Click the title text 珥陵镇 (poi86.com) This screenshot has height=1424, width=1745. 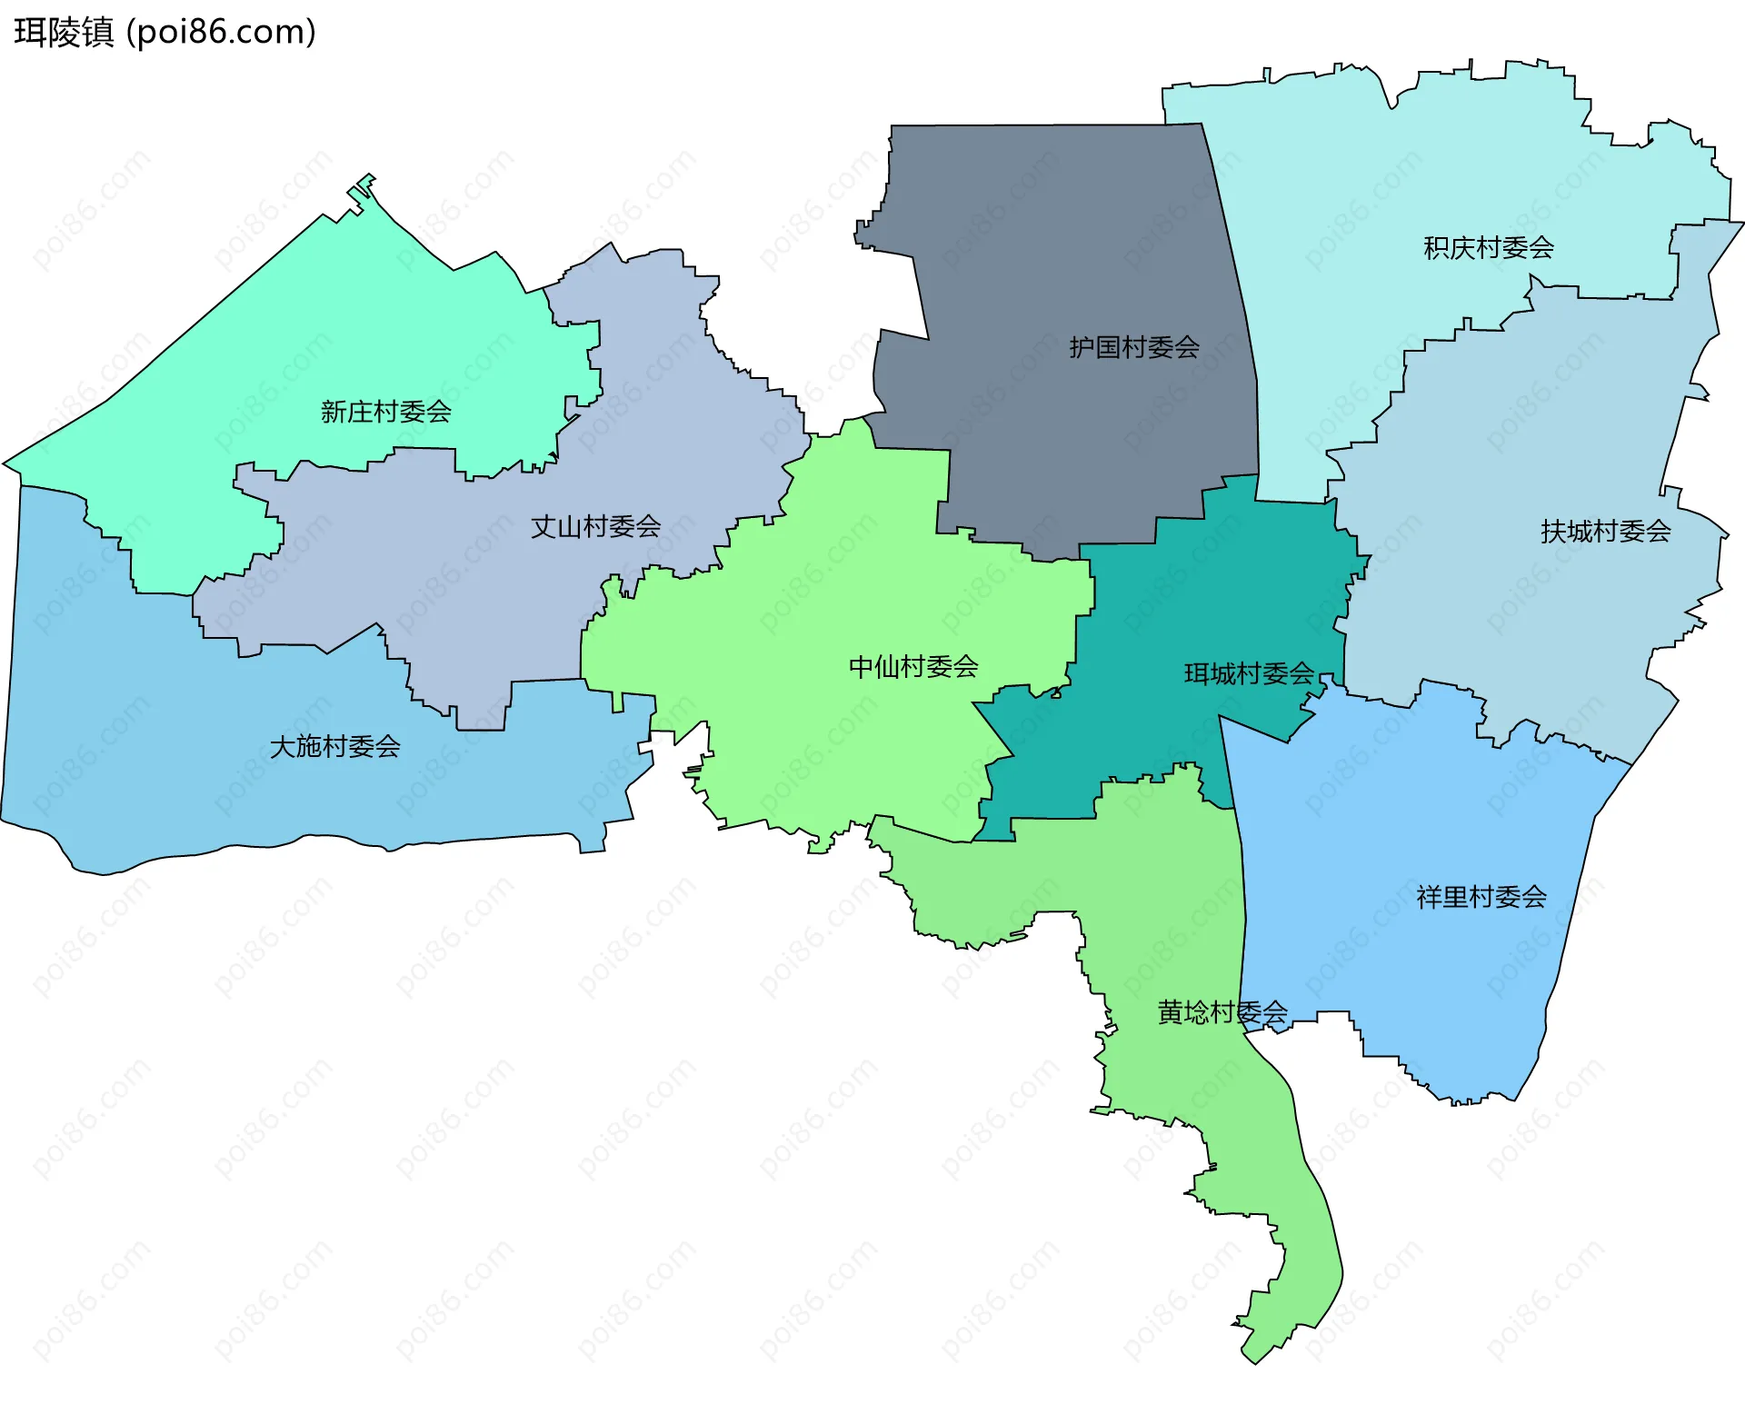coord(165,33)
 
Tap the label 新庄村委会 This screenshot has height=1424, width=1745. coord(385,412)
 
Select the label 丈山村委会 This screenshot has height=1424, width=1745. coord(595,526)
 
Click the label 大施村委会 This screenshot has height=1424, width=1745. coord(334,747)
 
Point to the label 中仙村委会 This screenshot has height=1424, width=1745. coord(912,667)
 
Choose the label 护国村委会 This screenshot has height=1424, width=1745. coord(1133,347)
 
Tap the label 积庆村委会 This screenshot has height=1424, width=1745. coord(1488,247)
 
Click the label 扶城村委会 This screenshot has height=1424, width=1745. coord(1605,532)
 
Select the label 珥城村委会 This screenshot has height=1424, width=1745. coord(1249,673)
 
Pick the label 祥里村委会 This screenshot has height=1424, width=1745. coord(1481,898)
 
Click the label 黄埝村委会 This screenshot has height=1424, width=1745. coord(1221,1012)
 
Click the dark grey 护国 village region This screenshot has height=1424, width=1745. coord(1045,254)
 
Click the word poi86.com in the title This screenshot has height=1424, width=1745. coord(221,33)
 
